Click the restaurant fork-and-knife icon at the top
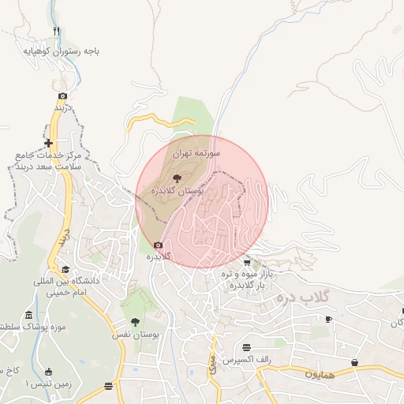coord(57,32)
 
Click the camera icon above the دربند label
coord(63,96)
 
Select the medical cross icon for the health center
coord(49,143)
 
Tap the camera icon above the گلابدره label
coord(159,245)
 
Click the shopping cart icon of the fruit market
coord(247,263)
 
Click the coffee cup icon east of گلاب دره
coord(329,319)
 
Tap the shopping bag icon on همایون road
coord(354,362)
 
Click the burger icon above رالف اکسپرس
coord(247,347)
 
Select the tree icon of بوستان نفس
coord(135,322)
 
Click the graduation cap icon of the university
coord(65,269)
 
